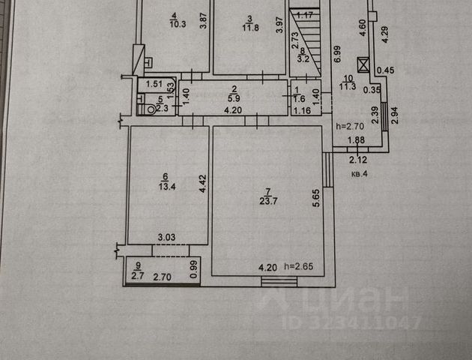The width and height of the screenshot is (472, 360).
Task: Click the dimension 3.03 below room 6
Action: (166, 238)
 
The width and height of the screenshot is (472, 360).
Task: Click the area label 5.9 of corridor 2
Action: (235, 97)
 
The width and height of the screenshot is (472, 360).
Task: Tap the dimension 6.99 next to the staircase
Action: (338, 52)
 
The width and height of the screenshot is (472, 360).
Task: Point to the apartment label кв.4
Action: (360, 173)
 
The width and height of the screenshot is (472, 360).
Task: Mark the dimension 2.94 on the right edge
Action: (395, 117)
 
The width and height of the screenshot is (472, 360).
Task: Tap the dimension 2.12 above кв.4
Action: (360, 158)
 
